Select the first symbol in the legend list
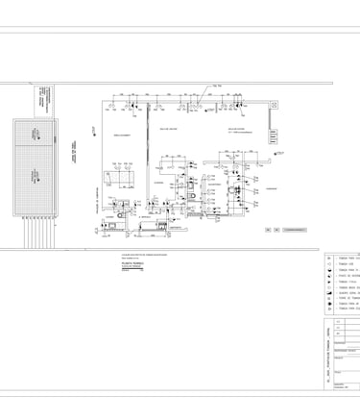click(329, 259)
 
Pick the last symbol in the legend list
click(329, 309)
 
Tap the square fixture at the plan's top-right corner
click(275, 105)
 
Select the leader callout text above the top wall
click(218, 86)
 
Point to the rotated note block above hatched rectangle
click(45, 98)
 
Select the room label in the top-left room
click(123, 136)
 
